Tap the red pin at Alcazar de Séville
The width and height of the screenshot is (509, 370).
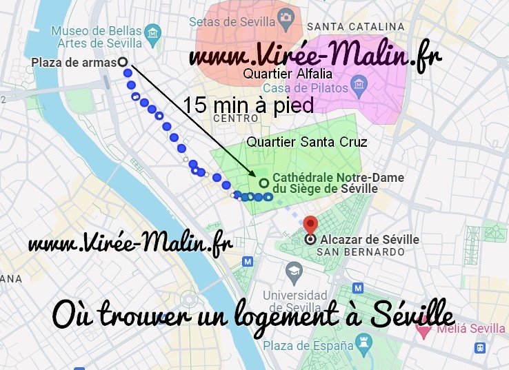click(x=310, y=225)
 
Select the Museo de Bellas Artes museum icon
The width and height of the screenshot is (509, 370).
click(x=153, y=32)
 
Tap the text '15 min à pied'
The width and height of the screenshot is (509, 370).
click(x=248, y=105)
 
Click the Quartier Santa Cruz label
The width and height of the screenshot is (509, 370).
click(x=307, y=142)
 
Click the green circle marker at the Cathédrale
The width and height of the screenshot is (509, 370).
click(x=263, y=183)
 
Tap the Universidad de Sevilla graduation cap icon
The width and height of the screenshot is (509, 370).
click(x=294, y=269)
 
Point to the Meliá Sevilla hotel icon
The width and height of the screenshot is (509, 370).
click(x=423, y=330)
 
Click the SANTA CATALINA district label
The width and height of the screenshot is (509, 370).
click(x=355, y=27)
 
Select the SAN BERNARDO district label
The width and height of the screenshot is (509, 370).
click(x=360, y=252)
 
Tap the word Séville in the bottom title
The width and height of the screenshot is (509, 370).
click(x=412, y=315)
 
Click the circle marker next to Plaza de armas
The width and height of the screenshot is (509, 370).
click(x=123, y=62)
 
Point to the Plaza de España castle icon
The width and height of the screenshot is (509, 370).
click(x=362, y=343)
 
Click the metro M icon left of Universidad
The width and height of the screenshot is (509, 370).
click(x=248, y=262)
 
